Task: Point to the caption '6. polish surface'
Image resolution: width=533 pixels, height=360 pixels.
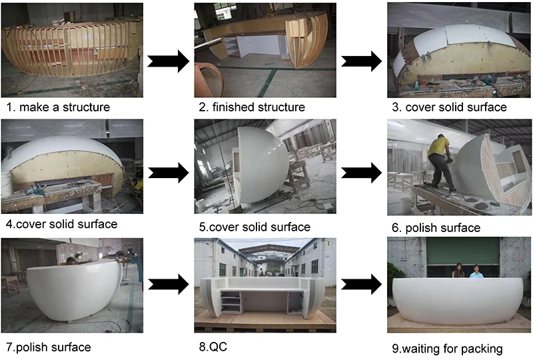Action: (436, 228)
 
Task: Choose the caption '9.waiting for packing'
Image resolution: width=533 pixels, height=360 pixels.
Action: (447, 348)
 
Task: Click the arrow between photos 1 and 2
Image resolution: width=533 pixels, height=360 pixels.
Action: (167, 61)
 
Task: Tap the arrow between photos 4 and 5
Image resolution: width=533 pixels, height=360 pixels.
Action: (167, 173)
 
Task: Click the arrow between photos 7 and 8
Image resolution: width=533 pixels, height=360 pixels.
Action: (167, 287)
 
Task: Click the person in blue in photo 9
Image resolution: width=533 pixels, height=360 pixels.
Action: (477, 272)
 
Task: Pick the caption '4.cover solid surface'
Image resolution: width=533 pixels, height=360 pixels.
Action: (60, 224)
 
